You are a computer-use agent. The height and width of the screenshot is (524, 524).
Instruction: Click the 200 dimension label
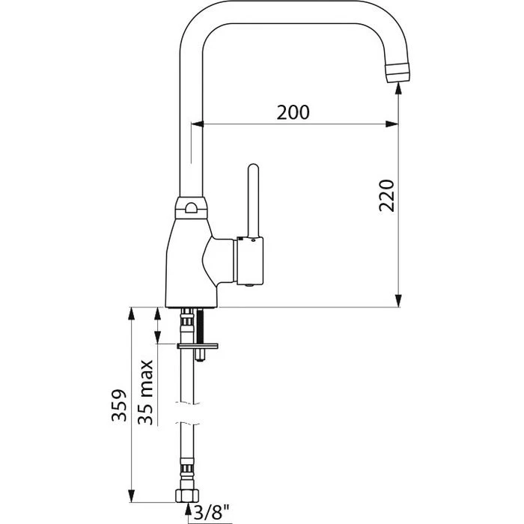293,112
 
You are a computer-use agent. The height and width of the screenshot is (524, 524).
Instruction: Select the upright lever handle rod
252,200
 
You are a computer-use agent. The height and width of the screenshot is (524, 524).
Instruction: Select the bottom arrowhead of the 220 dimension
398,301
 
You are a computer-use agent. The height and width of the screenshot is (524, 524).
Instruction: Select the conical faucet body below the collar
187,255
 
